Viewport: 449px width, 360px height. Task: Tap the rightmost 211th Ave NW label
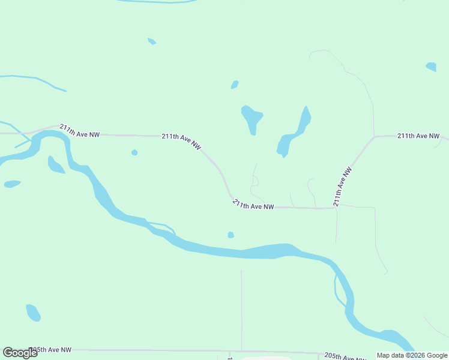[x=418, y=136]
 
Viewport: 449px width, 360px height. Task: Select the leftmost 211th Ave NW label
[x=79, y=131]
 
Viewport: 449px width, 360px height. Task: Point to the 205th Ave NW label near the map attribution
[x=345, y=356]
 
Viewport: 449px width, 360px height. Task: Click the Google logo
[x=20, y=352]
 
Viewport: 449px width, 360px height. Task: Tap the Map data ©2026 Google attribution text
[x=412, y=355]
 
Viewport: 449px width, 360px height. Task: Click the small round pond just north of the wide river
[x=231, y=235]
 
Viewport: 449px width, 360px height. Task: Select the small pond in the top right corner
[x=431, y=67]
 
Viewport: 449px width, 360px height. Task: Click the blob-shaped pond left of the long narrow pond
[x=252, y=118]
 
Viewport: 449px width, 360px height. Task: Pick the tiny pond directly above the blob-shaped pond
[x=235, y=85]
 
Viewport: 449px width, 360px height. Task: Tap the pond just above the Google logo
[x=33, y=313]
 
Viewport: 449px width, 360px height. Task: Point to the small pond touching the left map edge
[x=11, y=184]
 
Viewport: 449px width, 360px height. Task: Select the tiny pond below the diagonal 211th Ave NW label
[x=134, y=152]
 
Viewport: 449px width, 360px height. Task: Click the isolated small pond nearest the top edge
[x=152, y=41]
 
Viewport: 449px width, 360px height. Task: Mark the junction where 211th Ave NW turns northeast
[x=335, y=208]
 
